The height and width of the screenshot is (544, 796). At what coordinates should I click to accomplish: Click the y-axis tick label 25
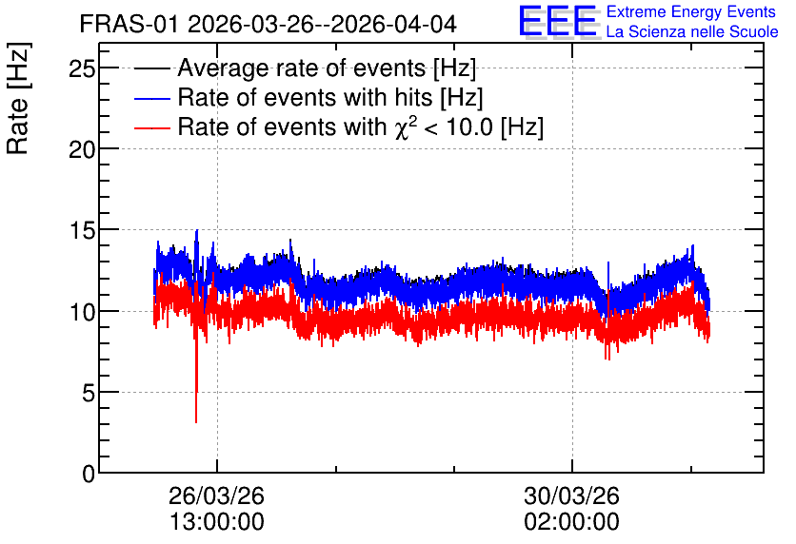pyautogui.click(x=82, y=68)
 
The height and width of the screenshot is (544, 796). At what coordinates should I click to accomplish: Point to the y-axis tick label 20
pyautogui.click(x=82, y=149)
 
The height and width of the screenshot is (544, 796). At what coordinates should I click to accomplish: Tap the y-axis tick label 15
pyautogui.click(x=82, y=231)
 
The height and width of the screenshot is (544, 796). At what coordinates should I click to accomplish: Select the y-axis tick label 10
pyautogui.click(x=82, y=312)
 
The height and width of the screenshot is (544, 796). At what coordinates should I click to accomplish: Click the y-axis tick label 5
pyautogui.click(x=89, y=393)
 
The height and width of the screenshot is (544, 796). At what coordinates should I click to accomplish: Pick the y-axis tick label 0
pyautogui.click(x=89, y=474)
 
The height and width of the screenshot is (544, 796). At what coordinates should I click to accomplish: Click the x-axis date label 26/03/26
pyautogui.click(x=217, y=495)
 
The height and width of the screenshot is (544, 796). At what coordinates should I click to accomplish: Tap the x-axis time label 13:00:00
pyautogui.click(x=217, y=522)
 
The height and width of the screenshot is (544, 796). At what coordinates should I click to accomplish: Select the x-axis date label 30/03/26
pyautogui.click(x=572, y=495)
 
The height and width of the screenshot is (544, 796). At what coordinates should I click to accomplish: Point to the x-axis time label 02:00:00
pyautogui.click(x=572, y=522)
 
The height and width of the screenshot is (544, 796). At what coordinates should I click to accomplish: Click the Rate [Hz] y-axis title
pyautogui.click(x=18, y=98)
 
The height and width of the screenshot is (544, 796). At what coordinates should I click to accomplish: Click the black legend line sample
pyautogui.click(x=151, y=68)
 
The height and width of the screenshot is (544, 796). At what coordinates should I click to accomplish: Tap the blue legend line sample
pyautogui.click(x=151, y=98)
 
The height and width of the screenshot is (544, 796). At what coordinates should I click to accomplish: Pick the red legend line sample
pyautogui.click(x=151, y=127)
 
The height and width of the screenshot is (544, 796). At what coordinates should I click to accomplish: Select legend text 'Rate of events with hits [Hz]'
pyautogui.click(x=330, y=97)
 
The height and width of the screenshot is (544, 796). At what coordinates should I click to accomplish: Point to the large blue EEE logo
pyautogui.click(x=558, y=21)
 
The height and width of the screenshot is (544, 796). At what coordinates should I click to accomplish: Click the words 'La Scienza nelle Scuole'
pyautogui.click(x=692, y=31)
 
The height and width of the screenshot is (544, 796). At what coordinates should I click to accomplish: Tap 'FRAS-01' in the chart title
pyautogui.click(x=129, y=24)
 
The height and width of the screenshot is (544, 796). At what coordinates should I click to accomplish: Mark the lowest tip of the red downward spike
pyautogui.click(x=196, y=423)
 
